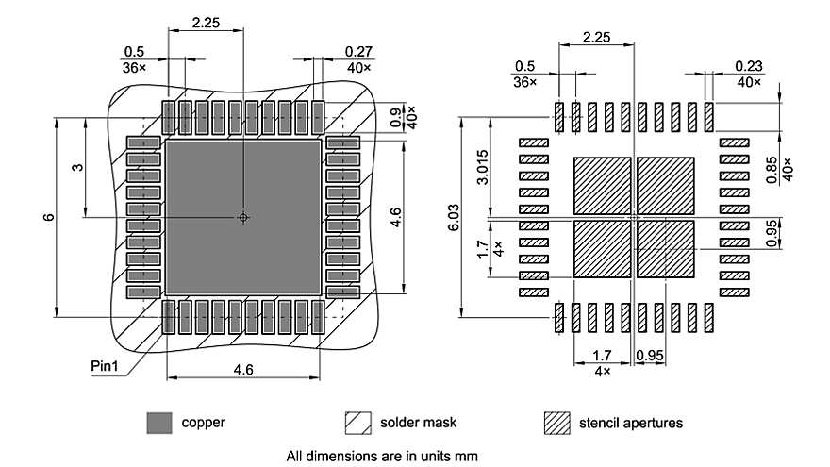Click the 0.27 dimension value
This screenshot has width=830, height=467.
(x=357, y=51)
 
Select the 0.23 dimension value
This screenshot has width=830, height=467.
(x=749, y=65)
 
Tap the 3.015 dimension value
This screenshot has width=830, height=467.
(x=481, y=168)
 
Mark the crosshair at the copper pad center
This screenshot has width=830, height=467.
(x=243, y=217)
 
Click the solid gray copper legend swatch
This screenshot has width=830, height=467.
(x=159, y=423)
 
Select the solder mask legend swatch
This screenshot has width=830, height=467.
(x=358, y=423)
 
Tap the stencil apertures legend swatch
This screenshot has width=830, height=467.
(x=557, y=423)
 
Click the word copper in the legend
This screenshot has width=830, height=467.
(x=203, y=423)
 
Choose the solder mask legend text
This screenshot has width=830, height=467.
(x=415, y=423)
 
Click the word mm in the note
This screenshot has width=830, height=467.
(x=467, y=456)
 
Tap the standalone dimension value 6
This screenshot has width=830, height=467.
(x=48, y=217)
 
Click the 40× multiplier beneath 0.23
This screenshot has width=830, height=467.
(x=749, y=82)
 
